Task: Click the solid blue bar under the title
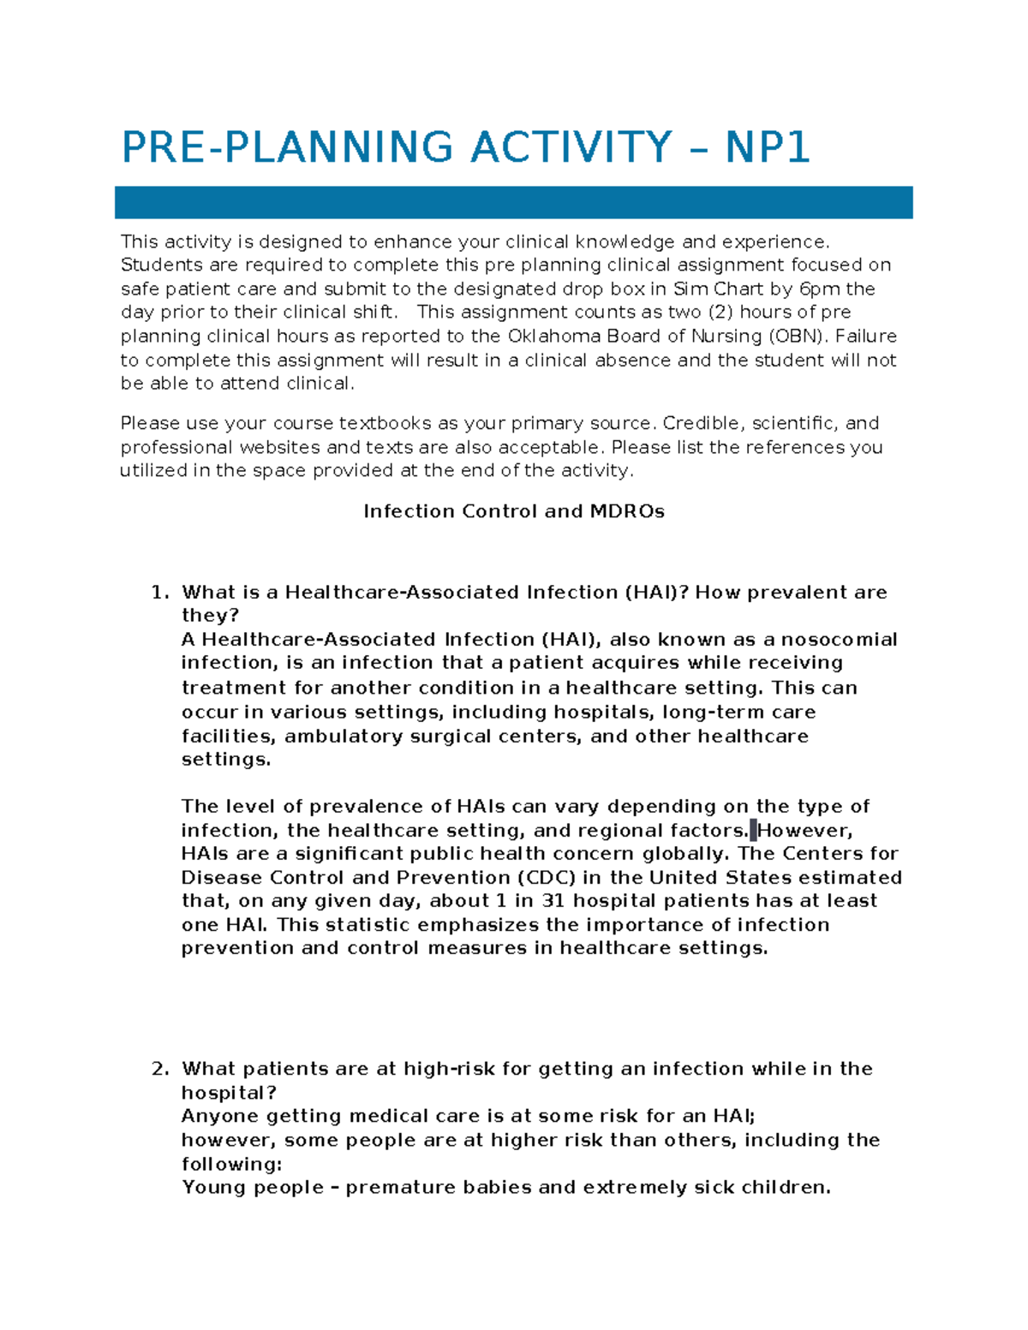tap(513, 203)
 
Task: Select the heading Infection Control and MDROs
tap(514, 511)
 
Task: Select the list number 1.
tap(158, 593)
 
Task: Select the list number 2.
tap(158, 1069)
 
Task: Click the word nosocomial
tap(839, 640)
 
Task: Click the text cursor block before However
tap(753, 830)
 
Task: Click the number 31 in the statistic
tap(554, 901)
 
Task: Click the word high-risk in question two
tap(449, 1069)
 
